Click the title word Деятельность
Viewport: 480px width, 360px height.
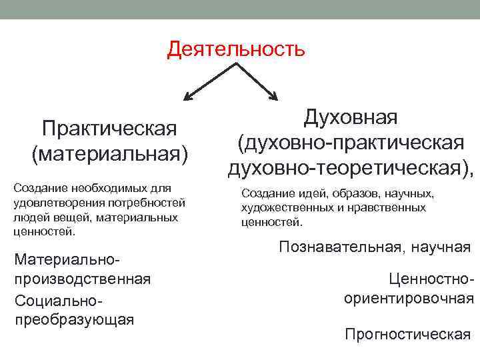pos(236,49)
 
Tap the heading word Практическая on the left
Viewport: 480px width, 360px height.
pos(109,127)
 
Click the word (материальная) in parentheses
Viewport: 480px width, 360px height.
pos(109,153)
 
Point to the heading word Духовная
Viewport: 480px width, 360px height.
pos(351,117)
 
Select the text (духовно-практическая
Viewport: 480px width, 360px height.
pos(351,143)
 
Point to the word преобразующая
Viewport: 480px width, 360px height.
pos(74,319)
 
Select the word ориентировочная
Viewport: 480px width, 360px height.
pos(409,298)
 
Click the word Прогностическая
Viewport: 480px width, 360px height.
pos(407,333)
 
